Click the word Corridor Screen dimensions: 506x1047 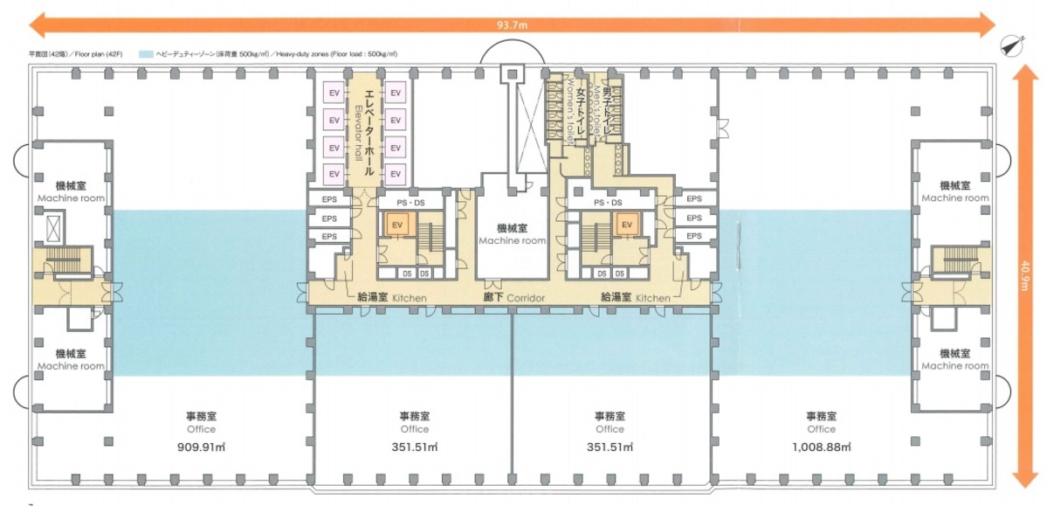click(526, 298)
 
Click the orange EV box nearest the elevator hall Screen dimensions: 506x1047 click(396, 225)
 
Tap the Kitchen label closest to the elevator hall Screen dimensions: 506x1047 click(409, 298)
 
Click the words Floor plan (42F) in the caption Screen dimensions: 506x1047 click(95, 54)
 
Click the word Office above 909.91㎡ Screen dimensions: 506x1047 click(200, 429)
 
